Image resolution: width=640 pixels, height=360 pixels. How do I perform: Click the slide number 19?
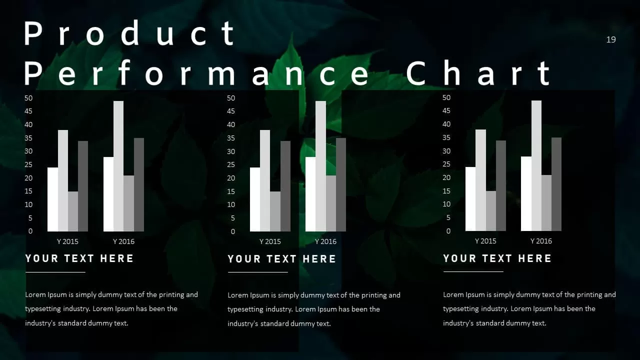(x=611, y=39)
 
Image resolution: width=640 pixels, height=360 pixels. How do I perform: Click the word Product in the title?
(x=129, y=34)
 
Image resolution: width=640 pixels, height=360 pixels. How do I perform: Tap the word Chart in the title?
(x=478, y=73)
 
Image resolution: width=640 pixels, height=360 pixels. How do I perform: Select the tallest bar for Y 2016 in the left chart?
(x=118, y=166)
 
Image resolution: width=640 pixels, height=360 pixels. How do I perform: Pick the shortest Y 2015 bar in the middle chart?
(x=275, y=211)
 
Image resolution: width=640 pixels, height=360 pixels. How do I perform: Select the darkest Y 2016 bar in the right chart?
(x=556, y=184)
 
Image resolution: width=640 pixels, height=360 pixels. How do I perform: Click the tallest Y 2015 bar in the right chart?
(x=480, y=180)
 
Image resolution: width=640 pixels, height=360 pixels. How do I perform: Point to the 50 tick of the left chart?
(x=28, y=98)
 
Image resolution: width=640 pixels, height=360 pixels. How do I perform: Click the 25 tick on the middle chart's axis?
(x=231, y=164)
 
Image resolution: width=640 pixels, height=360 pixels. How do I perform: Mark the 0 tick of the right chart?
(x=448, y=231)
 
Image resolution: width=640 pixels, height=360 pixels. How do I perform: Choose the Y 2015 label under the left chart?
(x=67, y=241)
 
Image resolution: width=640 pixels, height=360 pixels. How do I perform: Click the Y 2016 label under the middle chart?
(x=325, y=241)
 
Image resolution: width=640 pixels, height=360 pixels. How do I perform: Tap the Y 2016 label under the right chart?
(x=541, y=241)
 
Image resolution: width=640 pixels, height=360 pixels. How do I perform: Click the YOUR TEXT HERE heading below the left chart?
(x=79, y=258)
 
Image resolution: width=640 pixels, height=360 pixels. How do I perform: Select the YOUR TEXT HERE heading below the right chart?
(x=497, y=258)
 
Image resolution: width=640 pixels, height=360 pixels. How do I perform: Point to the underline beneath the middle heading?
(x=257, y=272)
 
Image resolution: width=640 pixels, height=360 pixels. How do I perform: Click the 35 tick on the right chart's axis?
(x=446, y=137)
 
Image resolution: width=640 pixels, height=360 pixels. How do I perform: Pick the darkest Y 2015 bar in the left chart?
(x=83, y=186)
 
